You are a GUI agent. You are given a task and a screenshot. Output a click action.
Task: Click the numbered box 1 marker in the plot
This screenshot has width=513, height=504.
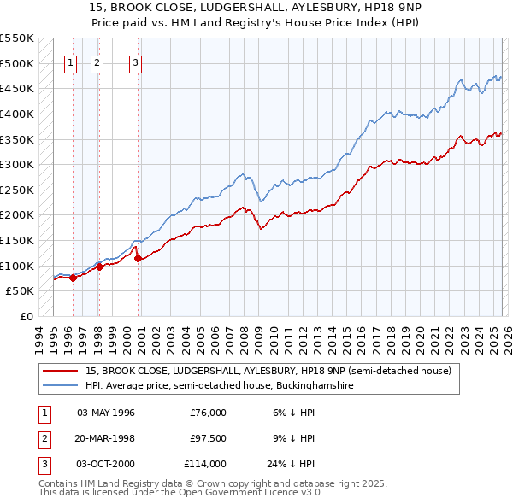click(70, 62)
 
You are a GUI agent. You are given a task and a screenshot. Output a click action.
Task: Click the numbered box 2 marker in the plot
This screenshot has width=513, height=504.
click(97, 62)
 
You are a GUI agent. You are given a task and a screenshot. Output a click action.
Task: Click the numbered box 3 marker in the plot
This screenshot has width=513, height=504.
click(136, 62)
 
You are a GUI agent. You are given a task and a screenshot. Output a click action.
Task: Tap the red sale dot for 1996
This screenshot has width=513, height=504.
click(73, 278)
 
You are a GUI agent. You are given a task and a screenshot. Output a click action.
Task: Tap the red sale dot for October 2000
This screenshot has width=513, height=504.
click(139, 259)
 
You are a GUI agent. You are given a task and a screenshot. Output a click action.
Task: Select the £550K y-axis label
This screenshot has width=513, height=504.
click(17, 38)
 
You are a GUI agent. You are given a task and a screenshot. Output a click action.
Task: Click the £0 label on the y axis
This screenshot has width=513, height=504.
click(26, 316)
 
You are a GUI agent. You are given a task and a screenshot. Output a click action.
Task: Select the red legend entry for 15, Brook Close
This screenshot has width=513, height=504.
click(274, 371)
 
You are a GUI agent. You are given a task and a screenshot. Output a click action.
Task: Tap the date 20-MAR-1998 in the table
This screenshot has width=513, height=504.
click(106, 438)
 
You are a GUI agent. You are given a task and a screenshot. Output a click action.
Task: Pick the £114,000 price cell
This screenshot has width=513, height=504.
click(204, 464)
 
